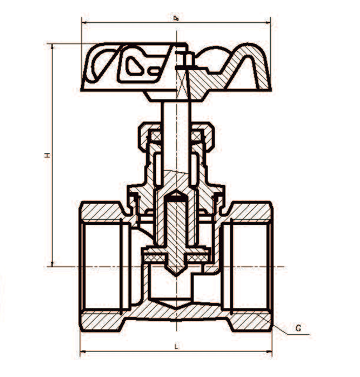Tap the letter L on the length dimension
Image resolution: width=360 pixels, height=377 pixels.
(x=176, y=347)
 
